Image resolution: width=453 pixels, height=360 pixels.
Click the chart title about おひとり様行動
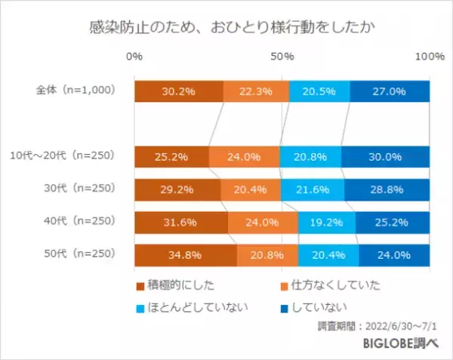[x=226, y=27]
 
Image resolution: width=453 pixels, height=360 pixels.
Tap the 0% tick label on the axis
[x=134, y=57]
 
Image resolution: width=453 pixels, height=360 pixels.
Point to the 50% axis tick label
[x=282, y=57]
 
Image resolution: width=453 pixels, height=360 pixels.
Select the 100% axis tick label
[x=429, y=57]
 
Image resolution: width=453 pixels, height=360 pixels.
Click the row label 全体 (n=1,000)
[x=75, y=91]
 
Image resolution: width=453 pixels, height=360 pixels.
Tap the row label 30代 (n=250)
[x=82, y=189]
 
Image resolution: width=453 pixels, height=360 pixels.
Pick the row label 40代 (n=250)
[x=82, y=221]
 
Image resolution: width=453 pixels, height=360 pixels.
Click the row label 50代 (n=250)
[x=82, y=254]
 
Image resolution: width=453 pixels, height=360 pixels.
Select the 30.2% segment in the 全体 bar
[x=179, y=91]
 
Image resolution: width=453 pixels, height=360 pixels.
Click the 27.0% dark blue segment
[x=390, y=91]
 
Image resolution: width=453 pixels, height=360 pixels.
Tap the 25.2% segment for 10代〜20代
[x=171, y=157]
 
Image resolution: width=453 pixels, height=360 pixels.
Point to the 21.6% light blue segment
[x=312, y=189]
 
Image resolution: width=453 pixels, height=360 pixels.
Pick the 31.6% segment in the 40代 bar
[x=181, y=222]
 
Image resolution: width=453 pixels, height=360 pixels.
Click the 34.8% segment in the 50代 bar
[x=186, y=255]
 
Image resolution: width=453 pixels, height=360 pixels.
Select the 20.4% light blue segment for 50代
[x=328, y=255]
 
